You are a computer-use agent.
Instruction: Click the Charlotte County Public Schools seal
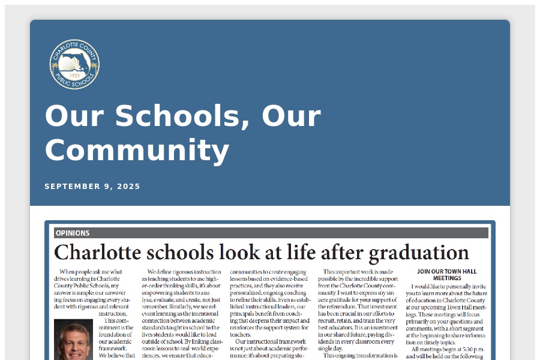click(x=74, y=64)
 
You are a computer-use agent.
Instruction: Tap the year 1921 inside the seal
click(x=75, y=76)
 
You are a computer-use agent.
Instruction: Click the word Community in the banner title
click(x=137, y=151)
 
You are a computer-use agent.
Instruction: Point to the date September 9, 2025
click(x=92, y=187)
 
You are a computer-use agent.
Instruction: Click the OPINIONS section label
click(x=73, y=233)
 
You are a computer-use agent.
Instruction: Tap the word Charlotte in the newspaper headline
click(x=95, y=253)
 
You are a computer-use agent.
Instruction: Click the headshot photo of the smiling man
click(x=73, y=339)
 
